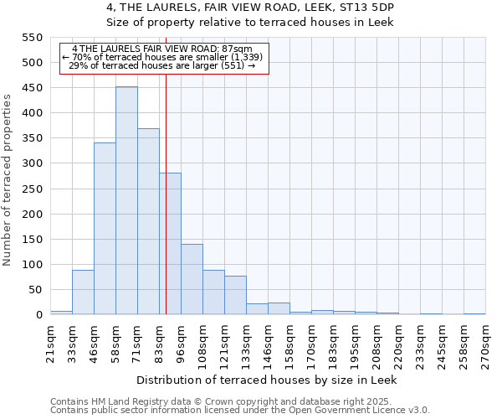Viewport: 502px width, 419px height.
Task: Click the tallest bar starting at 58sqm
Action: (126, 201)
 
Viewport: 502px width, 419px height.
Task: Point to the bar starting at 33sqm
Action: (83, 292)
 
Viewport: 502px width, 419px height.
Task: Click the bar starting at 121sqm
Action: (235, 295)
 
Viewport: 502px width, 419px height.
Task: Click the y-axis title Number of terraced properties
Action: (8, 180)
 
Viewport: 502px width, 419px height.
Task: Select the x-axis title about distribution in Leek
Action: (267, 380)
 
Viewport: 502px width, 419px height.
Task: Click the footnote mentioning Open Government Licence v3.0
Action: (240, 411)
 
